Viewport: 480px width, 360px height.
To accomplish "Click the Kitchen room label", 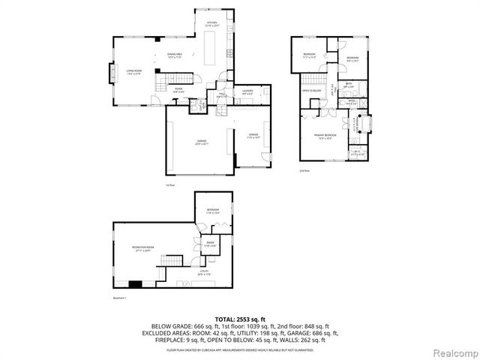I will [211, 24].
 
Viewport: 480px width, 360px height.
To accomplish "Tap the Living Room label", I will [134, 72].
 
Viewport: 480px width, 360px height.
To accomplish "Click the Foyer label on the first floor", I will [179, 89].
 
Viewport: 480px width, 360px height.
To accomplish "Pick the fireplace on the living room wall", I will [113, 73].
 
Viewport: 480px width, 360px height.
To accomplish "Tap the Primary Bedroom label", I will [324, 136].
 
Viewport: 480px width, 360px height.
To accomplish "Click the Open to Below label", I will [312, 91].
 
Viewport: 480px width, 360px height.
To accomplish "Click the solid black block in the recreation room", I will [135, 283].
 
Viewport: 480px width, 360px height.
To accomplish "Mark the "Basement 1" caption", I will [120, 298].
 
